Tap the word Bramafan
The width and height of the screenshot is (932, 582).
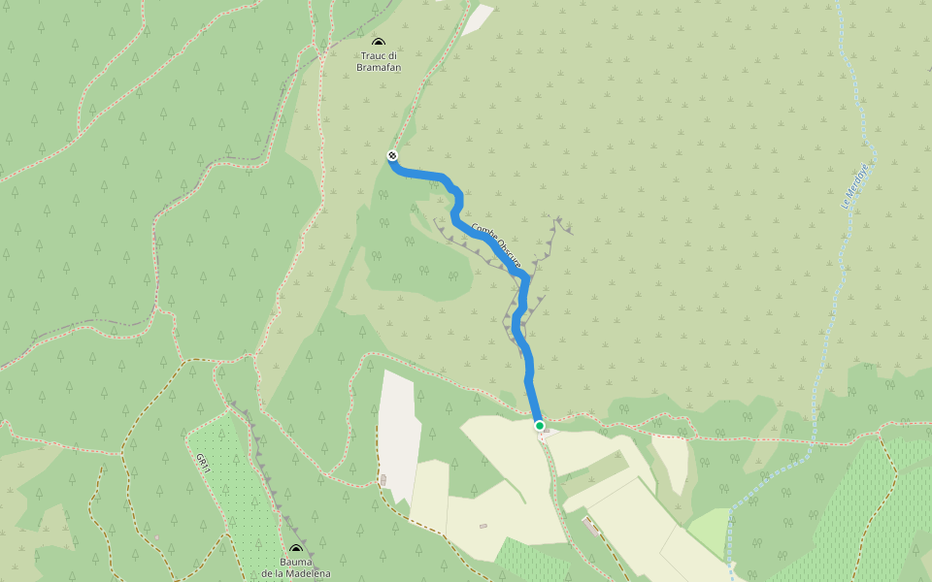379,67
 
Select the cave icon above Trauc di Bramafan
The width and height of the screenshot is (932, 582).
379,43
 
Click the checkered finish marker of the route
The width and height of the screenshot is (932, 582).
392,155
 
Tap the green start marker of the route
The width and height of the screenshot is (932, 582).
540,425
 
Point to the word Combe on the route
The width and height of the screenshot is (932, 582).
483,235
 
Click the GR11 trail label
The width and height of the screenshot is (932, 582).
202,464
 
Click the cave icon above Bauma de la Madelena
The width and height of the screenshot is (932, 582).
296,550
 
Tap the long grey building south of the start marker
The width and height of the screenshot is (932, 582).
591,526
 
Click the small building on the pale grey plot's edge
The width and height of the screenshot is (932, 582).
383,480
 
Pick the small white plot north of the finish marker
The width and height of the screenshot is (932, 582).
478,19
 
